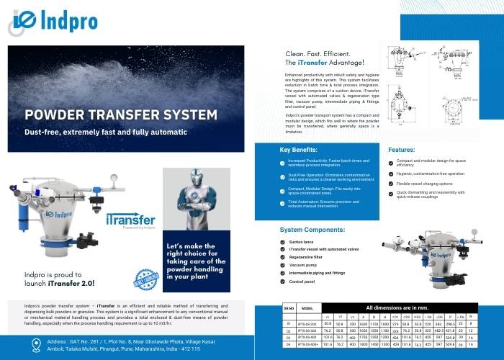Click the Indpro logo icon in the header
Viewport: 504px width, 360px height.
(23, 19)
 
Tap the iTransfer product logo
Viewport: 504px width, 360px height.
(130, 219)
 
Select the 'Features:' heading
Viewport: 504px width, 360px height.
(402, 150)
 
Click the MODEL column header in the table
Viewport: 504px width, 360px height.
(307, 307)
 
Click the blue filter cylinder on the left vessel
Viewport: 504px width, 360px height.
(30, 220)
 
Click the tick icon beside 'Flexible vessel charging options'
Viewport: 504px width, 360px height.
(390, 183)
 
